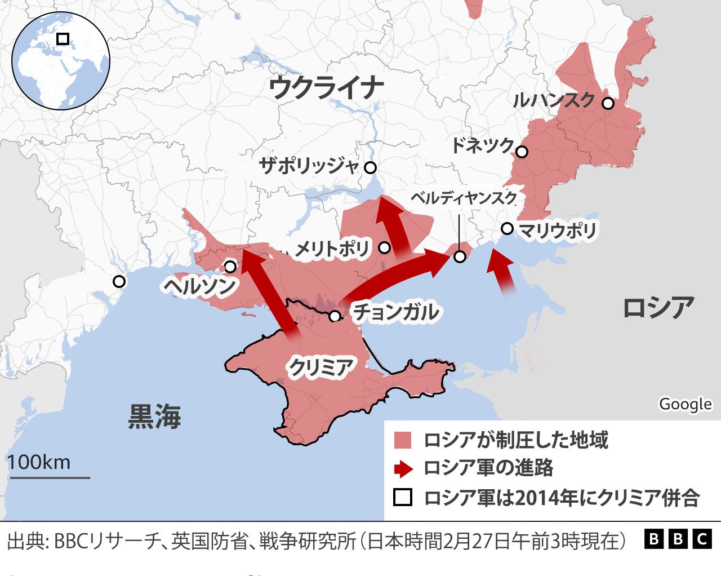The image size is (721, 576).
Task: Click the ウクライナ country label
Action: pyautogui.click(x=326, y=88)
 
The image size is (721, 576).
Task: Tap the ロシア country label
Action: pyautogui.click(x=657, y=308)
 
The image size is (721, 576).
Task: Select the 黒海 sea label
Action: pyautogui.click(x=154, y=417)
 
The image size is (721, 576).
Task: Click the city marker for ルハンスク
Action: pyautogui.click(x=608, y=103)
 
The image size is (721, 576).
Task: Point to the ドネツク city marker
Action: pyautogui.click(x=522, y=152)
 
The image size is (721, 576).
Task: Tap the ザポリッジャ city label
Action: pyautogui.click(x=309, y=166)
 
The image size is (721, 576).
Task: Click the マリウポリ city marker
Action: pyautogui.click(x=507, y=228)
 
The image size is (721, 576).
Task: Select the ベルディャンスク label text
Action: pyautogui.click(x=464, y=197)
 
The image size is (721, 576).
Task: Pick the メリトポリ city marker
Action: pyautogui.click(x=385, y=247)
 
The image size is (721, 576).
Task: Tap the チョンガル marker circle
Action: pyautogui.click(x=335, y=316)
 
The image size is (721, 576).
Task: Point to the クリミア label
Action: pyautogui.click(x=321, y=367)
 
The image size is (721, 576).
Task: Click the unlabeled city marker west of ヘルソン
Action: pyautogui.click(x=119, y=281)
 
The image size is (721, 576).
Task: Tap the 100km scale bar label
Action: pyautogui.click(x=39, y=462)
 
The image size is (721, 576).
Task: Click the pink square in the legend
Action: pyautogui.click(x=403, y=440)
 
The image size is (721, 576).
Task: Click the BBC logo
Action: pyautogui.click(x=678, y=540)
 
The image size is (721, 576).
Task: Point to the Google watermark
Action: pyautogui.click(x=685, y=404)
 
